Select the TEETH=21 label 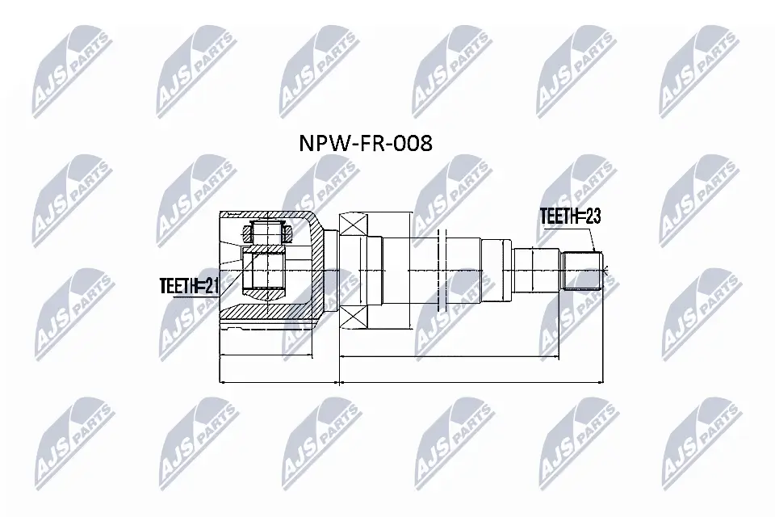pos(189,284)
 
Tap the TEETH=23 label pos(571,216)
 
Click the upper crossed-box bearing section pos(354,224)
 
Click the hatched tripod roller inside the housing pos(266,233)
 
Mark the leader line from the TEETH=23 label pos(591,239)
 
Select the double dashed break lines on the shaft pos(440,271)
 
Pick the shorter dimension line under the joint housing pos(279,380)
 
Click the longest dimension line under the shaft pos(471,380)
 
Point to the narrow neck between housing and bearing pos(331,271)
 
